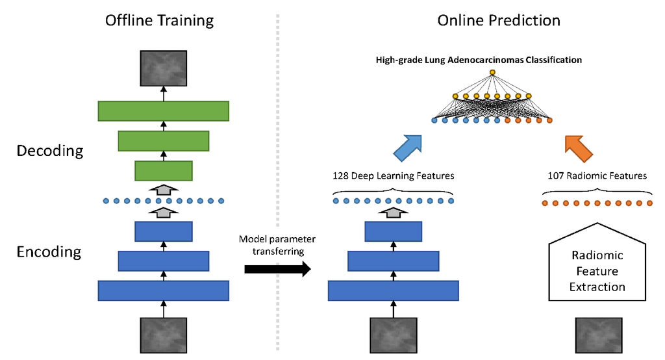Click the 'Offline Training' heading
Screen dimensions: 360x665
pos(159,20)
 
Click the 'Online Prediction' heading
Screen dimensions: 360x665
pos(499,20)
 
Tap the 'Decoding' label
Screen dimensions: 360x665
pos(50,151)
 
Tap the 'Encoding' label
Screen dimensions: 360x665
pos(49,251)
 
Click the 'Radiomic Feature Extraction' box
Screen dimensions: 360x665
pos(597,271)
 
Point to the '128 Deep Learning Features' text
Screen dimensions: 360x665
pos(394,175)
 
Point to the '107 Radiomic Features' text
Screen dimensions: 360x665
pos(596,175)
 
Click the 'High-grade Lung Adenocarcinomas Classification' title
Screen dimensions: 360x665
pos(479,60)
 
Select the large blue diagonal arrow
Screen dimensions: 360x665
pos(407,148)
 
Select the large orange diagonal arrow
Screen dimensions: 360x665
pos(579,148)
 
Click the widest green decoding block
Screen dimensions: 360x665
pos(163,111)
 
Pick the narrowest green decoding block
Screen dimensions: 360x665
pos(163,171)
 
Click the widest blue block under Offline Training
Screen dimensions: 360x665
pos(163,290)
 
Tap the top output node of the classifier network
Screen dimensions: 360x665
pos(492,71)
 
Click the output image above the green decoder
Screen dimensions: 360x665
pos(164,68)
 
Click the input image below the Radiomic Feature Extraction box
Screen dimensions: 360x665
pos(597,335)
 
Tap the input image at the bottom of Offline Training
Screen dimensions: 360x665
pos(164,335)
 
